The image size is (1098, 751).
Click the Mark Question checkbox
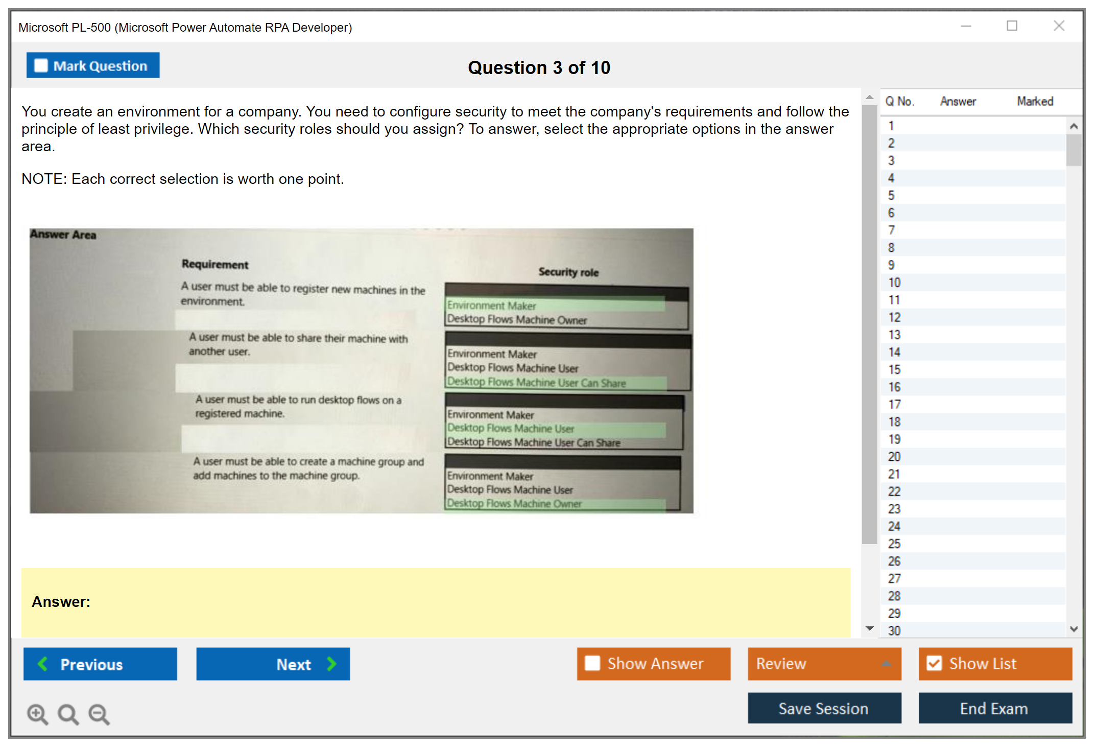click(41, 65)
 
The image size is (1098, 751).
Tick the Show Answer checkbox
click(592, 663)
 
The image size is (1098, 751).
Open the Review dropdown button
click(824, 664)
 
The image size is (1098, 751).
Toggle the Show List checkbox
click(934, 663)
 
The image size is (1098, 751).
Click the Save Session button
click(824, 708)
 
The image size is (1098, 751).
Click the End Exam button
click(995, 708)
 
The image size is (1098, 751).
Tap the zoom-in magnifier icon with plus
click(38, 714)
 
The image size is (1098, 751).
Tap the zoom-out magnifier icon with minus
click(99, 714)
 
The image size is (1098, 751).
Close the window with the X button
click(1059, 26)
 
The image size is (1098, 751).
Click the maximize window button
click(1012, 26)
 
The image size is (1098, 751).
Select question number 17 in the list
click(894, 405)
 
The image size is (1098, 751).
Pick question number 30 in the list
click(894, 631)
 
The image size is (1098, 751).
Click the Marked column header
click(1035, 101)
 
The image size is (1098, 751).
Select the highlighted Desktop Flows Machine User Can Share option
click(537, 382)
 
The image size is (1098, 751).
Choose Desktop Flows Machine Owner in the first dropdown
click(517, 319)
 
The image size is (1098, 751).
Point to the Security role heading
click(568, 272)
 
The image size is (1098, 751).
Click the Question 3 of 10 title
click(539, 67)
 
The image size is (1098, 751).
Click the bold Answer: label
click(61, 602)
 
